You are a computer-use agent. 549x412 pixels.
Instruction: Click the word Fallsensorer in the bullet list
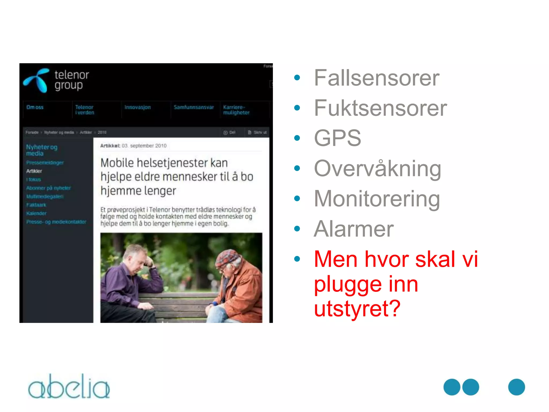376,78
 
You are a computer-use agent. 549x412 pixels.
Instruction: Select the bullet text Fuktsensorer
380,108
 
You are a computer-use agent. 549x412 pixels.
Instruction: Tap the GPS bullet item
337,138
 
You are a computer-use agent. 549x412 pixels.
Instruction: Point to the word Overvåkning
377,169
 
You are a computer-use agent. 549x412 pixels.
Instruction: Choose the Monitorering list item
377,199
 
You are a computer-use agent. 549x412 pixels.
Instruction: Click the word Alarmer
353,229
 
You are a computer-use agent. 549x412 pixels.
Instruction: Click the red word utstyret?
357,308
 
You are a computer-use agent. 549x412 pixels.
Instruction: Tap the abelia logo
69,387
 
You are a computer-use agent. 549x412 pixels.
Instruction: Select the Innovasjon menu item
138,107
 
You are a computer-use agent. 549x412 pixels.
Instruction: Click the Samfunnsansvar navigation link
194,107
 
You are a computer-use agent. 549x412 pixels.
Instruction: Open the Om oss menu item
35,107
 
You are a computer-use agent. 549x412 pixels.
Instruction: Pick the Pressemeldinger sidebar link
45,163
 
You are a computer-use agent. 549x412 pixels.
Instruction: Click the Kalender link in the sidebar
36,213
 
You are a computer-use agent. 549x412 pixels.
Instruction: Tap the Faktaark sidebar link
36,205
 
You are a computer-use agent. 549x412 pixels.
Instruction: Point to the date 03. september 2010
144,146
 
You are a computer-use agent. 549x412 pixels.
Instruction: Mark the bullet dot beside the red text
297,259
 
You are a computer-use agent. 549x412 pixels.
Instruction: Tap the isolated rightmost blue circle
516,387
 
